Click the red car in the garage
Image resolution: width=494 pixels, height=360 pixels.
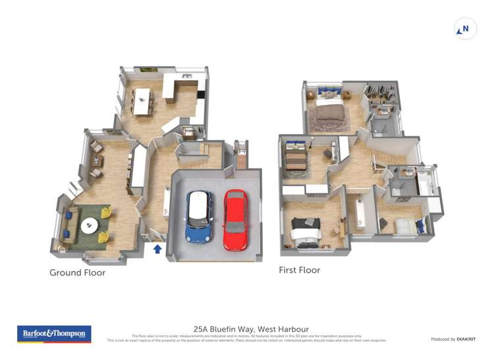(235, 220)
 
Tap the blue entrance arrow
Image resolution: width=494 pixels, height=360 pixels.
(157, 249)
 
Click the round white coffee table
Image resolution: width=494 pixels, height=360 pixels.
(89, 225)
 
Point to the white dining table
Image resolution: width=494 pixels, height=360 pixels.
(142, 101)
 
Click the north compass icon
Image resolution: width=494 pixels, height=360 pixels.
(466, 29)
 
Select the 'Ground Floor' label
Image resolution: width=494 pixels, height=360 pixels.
(78, 272)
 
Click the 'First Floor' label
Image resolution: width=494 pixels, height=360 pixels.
(300, 270)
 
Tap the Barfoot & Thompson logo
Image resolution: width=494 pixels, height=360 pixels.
(54, 334)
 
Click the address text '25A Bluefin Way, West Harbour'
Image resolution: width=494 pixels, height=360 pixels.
(251, 329)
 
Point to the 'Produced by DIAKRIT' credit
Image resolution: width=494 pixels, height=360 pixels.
(453, 339)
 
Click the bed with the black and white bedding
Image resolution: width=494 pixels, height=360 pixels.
(306, 232)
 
